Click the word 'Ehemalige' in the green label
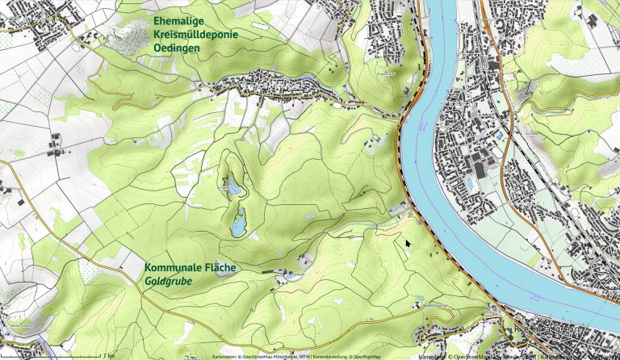178,19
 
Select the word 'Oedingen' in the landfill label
177,48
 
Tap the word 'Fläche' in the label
221,268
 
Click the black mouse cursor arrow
408,243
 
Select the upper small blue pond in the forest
233,187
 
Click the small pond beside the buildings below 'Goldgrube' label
287,277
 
